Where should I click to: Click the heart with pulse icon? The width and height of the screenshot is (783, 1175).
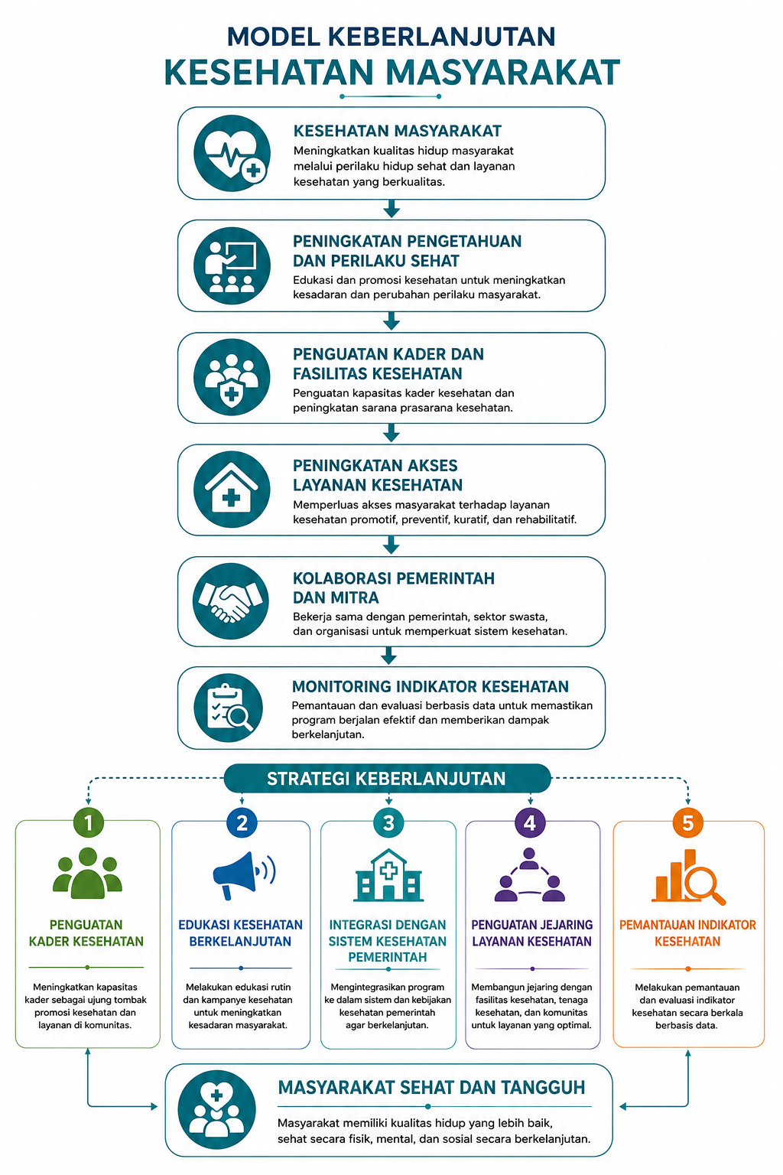tap(232, 153)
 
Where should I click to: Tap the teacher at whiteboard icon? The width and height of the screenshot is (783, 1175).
tap(232, 265)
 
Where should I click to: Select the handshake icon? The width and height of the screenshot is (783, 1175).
tap(231, 601)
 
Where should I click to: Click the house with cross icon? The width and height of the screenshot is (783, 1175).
tap(232, 490)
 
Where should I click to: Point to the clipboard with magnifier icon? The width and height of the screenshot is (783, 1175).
tap(228, 707)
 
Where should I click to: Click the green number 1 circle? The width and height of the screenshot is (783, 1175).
tap(89, 822)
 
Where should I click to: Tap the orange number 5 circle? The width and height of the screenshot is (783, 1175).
tap(687, 822)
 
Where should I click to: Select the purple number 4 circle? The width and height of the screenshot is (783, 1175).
tap(530, 822)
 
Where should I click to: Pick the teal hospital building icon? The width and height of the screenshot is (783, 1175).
tap(388, 875)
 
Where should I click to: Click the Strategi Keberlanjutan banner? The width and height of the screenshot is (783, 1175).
tap(387, 779)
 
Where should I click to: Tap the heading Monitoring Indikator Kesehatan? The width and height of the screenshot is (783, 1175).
tap(430, 687)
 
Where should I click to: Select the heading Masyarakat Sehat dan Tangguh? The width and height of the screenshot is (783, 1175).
tap(431, 1087)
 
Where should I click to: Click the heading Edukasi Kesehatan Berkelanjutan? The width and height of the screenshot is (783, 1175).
tap(240, 933)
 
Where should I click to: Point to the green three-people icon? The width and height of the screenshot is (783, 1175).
tap(88, 873)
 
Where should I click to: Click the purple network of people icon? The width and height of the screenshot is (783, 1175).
tap(530, 874)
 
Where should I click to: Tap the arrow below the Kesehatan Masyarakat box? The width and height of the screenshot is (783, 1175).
tap(391, 209)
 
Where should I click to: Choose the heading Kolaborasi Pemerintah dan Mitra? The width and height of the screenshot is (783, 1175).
tap(393, 587)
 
